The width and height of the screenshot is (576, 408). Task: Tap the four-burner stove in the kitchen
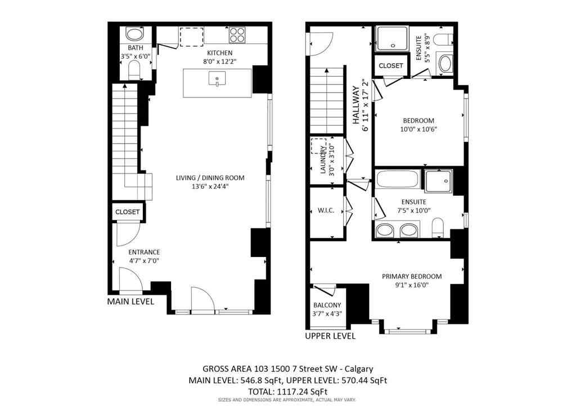point(237,36)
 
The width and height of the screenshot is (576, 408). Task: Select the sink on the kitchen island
point(217,79)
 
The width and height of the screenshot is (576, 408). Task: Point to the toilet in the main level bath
point(134,70)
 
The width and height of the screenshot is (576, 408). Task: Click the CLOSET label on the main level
point(127,212)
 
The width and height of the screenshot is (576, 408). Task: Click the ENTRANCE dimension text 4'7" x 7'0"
point(144,261)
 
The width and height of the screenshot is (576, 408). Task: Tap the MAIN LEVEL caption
point(130,302)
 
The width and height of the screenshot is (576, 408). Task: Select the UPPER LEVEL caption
point(330,336)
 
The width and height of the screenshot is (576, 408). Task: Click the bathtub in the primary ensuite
point(397,181)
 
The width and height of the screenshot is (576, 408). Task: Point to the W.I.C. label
point(326,211)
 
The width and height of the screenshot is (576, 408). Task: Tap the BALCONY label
point(327,305)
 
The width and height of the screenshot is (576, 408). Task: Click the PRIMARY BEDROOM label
point(411,276)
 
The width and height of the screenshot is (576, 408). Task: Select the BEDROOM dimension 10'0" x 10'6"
point(418,129)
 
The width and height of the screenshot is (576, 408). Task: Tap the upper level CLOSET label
point(390,66)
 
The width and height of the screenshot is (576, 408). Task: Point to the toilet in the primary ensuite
point(438,228)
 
